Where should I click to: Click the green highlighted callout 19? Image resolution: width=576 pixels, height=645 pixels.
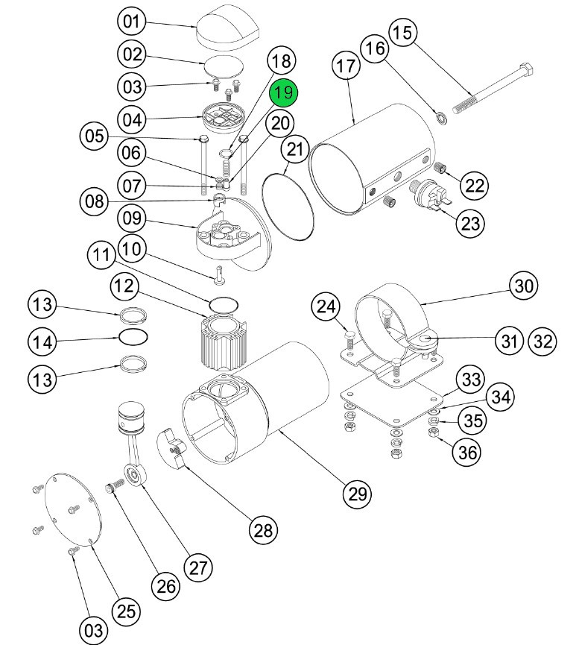[x=283, y=94]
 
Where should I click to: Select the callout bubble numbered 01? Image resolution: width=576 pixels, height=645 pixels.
[x=132, y=22]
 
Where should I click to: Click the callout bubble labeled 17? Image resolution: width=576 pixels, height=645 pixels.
[x=346, y=66]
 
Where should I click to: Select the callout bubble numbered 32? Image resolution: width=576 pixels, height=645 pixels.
[x=542, y=342]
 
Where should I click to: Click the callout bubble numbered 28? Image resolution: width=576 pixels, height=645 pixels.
[x=262, y=530]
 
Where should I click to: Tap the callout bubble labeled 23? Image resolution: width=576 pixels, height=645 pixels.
[x=472, y=222]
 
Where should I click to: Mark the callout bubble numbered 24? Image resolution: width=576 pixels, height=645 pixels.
[x=327, y=306]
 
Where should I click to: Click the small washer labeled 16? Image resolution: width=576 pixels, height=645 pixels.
[x=441, y=115]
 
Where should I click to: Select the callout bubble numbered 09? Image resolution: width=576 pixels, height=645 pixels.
[x=132, y=219]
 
